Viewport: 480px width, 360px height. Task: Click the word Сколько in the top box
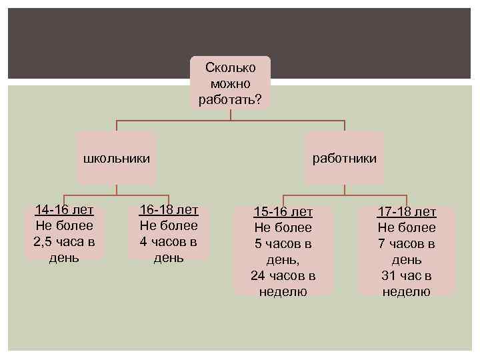coord(230,67)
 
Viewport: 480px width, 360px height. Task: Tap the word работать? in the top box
coord(230,100)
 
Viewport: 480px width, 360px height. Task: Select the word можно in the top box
coord(230,84)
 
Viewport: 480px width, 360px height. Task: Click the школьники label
coord(116,159)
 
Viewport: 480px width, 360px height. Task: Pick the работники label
coord(345,159)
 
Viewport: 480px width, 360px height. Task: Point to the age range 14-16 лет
coord(64,210)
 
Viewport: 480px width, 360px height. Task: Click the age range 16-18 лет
coord(169,210)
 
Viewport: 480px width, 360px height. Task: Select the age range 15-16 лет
coord(283,212)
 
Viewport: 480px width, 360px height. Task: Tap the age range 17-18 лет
coord(406,212)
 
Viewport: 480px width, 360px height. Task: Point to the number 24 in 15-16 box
coord(258,275)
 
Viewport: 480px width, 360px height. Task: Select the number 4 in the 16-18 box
coord(143,241)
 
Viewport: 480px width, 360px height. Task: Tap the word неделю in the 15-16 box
coord(283,291)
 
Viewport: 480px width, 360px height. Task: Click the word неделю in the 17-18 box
coord(406,291)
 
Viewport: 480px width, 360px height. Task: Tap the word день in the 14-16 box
coord(64,257)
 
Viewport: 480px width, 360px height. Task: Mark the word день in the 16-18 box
coord(169,257)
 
